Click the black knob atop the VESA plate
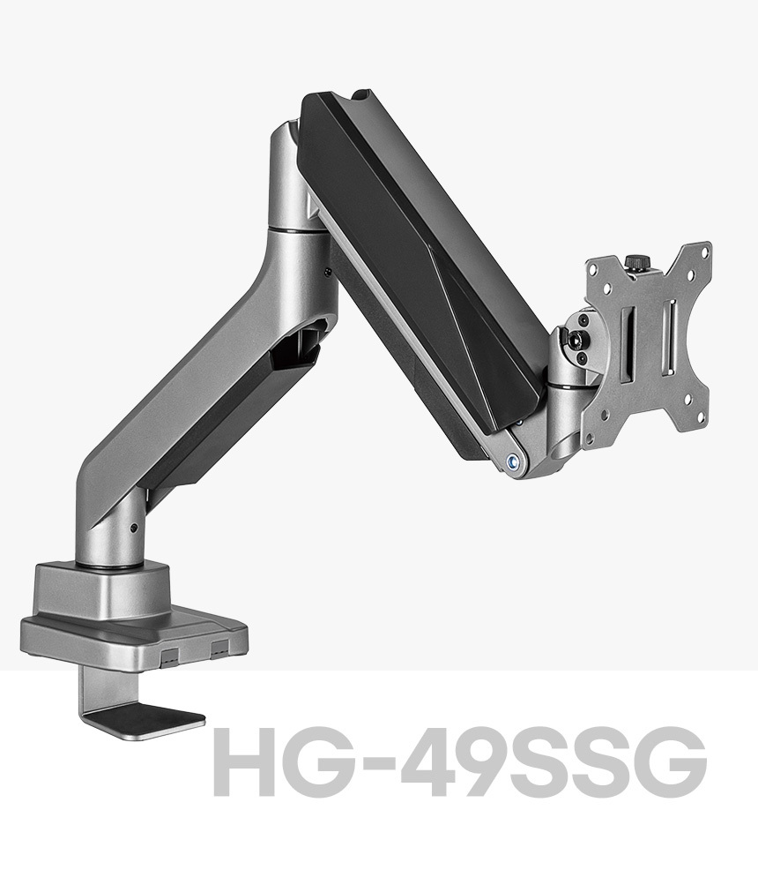pyautogui.click(x=636, y=263)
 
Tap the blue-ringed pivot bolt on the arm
pyautogui.click(x=513, y=461)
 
